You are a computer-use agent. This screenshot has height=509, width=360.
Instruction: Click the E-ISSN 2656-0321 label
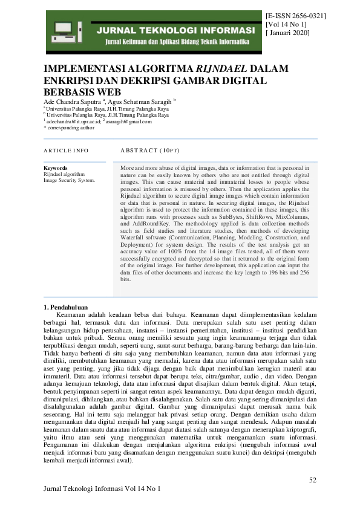coord(296,15)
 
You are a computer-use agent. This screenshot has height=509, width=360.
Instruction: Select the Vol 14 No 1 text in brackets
coord(286,24)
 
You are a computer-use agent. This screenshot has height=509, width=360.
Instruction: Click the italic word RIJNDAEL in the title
coord(223,69)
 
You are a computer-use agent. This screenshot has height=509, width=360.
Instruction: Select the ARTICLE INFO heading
coord(66,150)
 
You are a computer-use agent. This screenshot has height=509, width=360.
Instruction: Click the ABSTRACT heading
coord(150,150)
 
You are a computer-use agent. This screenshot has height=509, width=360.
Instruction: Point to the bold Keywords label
coord(56,167)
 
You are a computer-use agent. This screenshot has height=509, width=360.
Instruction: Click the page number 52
coord(313,480)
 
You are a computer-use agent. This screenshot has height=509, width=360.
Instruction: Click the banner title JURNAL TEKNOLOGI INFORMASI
coord(177,30)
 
